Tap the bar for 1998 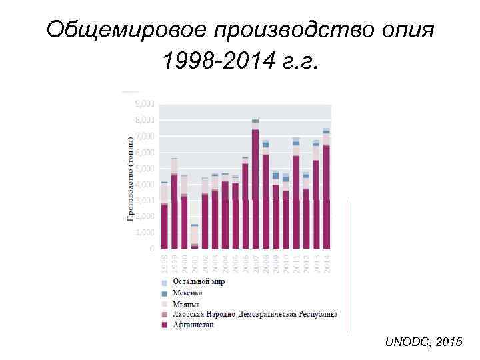[x=165, y=220]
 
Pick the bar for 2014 [x=326, y=193]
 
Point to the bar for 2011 [x=295, y=200]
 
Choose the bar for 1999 [x=175, y=207]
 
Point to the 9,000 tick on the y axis [x=145, y=104]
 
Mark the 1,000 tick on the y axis [x=145, y=232]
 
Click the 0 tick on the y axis [x=152, y=248]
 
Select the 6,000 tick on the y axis [x=145, y=152]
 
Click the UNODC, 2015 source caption [x=423, y=341]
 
